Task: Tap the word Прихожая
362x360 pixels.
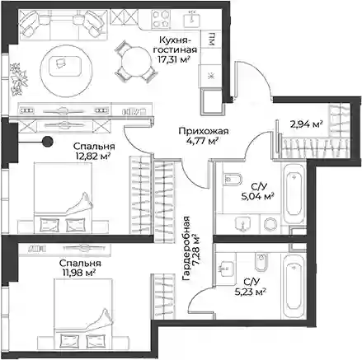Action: pos(204,131)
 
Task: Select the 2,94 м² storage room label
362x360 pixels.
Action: pos(306,124)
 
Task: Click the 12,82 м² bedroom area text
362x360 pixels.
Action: pos(92,157)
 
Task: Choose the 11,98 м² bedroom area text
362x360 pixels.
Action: pos(78,273)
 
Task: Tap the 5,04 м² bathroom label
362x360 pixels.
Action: pos(257,197)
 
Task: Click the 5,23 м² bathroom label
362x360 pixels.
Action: pos(250,292)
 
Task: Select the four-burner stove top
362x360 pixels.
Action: pos(162,18)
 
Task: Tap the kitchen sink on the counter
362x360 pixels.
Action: pos(192,18)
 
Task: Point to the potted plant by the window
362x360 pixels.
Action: pos(19,79)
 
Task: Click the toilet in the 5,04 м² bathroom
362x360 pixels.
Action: pos(233,180)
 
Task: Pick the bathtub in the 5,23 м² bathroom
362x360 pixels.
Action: pos(293,287)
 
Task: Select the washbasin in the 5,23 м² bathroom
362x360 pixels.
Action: pos(226,266)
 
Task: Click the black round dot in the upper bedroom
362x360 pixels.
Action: pos(48,142)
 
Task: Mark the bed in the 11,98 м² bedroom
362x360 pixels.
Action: pos(83,315)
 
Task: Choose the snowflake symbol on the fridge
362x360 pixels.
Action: pos(211,76)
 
